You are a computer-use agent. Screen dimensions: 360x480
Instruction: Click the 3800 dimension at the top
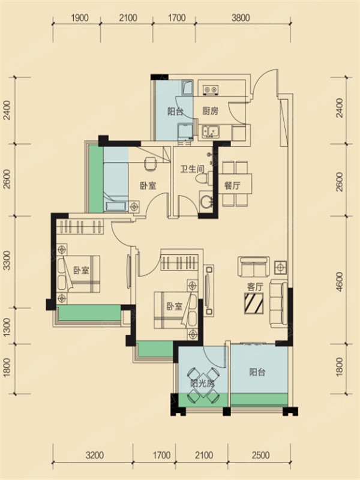(x=241, y=18)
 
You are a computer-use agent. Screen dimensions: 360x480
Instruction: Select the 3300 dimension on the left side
(x=6, y=261)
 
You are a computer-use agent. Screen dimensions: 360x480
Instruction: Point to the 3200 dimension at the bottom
(x=95, y=455)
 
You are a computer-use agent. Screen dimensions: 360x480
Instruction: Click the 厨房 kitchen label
(x=211, y=111)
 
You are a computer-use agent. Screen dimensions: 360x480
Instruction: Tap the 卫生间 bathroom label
(x=192, y=169)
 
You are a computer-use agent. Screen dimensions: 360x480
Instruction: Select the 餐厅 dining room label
(x=232, y=185)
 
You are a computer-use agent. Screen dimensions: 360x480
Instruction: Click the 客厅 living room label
(x=255, y=287)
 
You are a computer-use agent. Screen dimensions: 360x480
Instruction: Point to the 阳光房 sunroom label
(x=202, y=383)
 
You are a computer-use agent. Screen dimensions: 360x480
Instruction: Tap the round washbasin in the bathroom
(x=206, y=202)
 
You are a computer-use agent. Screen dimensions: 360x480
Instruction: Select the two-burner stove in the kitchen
(x=211, y=89)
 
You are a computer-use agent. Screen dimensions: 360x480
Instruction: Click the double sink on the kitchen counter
(x=210, y=131)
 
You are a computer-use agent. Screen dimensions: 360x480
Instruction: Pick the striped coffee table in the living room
(x=254, y=303)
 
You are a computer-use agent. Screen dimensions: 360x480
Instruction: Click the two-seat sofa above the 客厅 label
(x=254, y=267)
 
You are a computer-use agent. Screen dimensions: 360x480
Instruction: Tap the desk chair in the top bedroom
(x=149, y=163)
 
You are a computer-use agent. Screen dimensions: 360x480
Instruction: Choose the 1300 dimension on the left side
(x=6, y=326)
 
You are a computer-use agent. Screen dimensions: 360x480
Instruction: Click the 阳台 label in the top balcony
(x=175, y=112)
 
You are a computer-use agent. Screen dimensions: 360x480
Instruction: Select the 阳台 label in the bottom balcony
(x=257, y=372)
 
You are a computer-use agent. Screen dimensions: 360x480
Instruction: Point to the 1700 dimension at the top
(x=177, y=18)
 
